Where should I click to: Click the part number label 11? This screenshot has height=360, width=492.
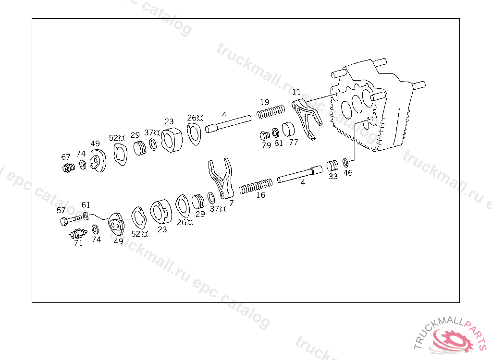pyautogui.click(x=296, y=92)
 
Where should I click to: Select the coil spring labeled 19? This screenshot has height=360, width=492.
pyautogui.click(x=271, y=113)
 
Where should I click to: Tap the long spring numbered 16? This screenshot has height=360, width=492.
pyautogui.click(x=256, y=186)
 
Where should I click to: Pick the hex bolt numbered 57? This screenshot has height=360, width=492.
pyautogui.click(x=70, y=221)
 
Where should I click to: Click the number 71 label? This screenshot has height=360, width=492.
pyautogui.click(x=78, y=243)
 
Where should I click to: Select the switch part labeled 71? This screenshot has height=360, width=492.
pyautogui.click(x=77, y=234)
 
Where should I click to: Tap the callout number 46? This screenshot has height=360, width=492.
pyautogui.click(x=347, y=173)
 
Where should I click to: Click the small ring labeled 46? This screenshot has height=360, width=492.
pyautogui.click(x=346, y=163)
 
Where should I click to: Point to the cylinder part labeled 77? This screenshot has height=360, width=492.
pyautogui.click(x=290, y=130)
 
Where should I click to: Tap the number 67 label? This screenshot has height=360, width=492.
pyautogui.click(x=66, y=157)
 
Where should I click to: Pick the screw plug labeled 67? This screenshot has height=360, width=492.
pyautogui.click(x=68, y=168)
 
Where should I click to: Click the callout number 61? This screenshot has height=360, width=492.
pyautogui.click(x=86, y=205)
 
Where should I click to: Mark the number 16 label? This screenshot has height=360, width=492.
pyautogui.click(x=260, y=195)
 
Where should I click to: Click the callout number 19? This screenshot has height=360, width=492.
pyautogui.click(x=264, y=102)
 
